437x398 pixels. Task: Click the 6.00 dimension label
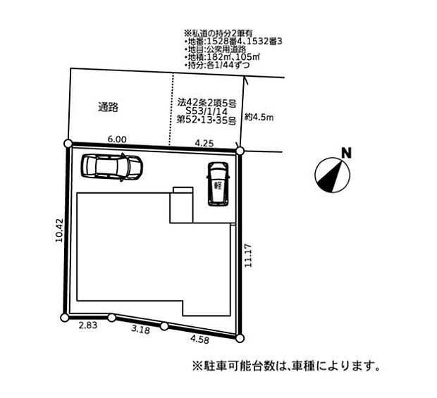pyautogui.click(x=118, y=139)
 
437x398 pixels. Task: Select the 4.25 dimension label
pyautogui.click(x=205, y=143)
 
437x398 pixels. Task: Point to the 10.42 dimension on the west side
pyautogui.click(x=59, y=230)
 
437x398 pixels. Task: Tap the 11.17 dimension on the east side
pyautogui.click(x=248, y=255)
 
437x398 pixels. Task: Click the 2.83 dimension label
pyautogui.click(x=87, y=325)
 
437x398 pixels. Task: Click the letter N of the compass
pyautogui.click(x=345, y=154)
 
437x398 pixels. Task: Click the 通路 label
pyautogui.click(x=108, y=108)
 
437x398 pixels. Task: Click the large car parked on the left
pyautogui.click(x=112, y=167)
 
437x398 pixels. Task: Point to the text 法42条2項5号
pyautogui.click(x=207, y=103)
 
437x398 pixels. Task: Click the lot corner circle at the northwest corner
pyautogui.click(x=68, y=144)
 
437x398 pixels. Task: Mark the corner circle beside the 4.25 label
pyautogui.click(x=240, y=151)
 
